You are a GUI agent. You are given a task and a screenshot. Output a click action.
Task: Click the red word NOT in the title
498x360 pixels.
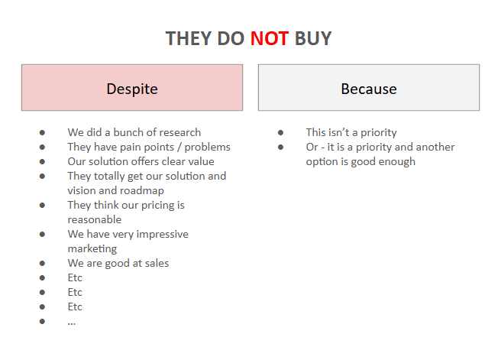click(x=270, y=38)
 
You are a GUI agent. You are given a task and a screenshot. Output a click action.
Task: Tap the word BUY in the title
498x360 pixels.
click(x=313, y=38)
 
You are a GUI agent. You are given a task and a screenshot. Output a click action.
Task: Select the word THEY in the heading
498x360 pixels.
click(x=189, y=38)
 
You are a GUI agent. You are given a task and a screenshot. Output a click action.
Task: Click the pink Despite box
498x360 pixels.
click(x=132, y=88)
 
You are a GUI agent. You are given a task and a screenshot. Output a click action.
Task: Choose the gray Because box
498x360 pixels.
click(x=369, y=88)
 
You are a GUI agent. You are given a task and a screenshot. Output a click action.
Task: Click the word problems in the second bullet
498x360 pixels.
click(x=208, y=147)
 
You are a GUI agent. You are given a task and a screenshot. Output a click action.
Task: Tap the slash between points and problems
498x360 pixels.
click(x=179, y=147)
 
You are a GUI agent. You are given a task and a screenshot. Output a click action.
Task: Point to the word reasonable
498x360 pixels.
click(x=95, y=220)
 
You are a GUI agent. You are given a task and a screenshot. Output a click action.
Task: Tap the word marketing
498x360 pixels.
click(x=92, y=249)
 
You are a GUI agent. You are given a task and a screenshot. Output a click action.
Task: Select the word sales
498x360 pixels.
click(x=157, y=264)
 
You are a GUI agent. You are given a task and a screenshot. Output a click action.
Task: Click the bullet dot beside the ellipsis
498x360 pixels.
click(x=42, y=321)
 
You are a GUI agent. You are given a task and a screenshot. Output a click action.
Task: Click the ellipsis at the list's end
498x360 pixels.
click(x=72, y=324)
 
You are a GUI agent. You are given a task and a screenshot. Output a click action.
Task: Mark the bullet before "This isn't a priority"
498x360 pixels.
click(x=280, y=132)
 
